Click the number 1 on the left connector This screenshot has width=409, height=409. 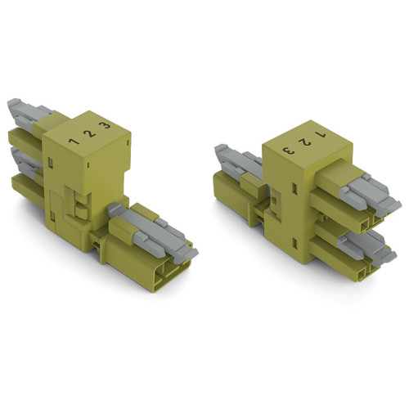[74, 142]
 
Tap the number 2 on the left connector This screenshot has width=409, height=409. [88, 133]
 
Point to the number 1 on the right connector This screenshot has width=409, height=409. [321, 133]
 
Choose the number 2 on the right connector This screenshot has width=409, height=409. [304, 141]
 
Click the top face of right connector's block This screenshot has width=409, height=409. [303, 139]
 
